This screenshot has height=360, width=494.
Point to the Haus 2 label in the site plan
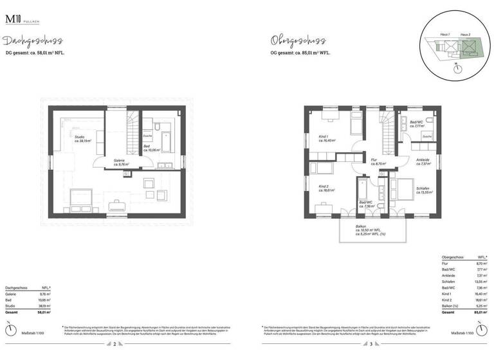click(x=465, y=34)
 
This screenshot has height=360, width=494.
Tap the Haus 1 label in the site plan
click(x=444, y=34)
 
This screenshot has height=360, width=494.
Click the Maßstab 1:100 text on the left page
click(x=30, y=332)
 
